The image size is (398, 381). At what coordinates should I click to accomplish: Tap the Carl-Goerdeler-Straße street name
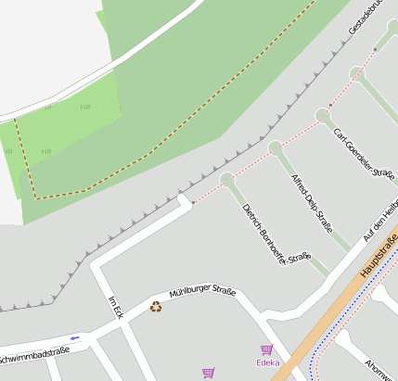(365, 157)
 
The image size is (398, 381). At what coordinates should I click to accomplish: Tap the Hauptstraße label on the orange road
(376, 260)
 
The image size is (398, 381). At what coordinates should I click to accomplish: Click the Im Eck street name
(116, 308)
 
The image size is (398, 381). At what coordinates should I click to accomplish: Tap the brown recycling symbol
(156, 306)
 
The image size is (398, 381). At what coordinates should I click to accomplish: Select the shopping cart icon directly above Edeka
(267, 349)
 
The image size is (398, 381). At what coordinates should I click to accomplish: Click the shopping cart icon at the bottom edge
(208, 373)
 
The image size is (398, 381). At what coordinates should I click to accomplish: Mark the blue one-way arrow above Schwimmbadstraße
(75, 338)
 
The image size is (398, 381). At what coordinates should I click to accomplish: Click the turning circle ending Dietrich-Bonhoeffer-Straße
(227, 179)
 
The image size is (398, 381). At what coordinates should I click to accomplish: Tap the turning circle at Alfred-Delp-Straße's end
(275, 147)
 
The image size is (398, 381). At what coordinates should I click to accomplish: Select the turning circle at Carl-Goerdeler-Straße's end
(323, 115)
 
